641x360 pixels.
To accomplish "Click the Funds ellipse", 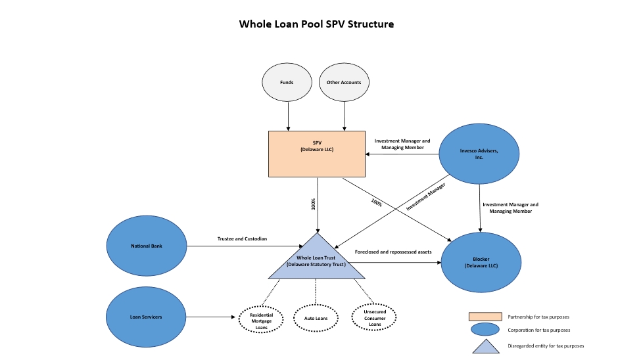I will (287, 83).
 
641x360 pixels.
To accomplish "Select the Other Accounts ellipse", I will (344, 83).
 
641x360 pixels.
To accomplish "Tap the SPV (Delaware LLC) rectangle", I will (317, 154).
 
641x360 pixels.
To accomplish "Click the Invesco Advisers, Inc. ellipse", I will (479, 154).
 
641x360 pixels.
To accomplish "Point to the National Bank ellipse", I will (146, 246).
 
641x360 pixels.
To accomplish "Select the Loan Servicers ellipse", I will (146, 317).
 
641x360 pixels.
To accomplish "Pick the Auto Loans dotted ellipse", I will (316, 318).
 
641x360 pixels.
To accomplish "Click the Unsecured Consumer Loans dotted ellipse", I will (374, 318).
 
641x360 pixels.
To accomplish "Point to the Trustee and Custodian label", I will (242, 238).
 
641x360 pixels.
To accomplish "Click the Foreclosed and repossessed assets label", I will (393, 252).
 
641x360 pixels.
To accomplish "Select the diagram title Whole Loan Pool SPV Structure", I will (316, 24).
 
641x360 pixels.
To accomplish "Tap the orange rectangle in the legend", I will (485, 317).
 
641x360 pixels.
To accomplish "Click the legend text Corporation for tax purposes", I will (538, 330).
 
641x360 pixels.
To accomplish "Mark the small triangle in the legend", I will (485, 346).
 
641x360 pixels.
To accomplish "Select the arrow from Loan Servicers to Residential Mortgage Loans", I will (210, 318).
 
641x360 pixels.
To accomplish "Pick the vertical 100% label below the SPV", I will (314, 204).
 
